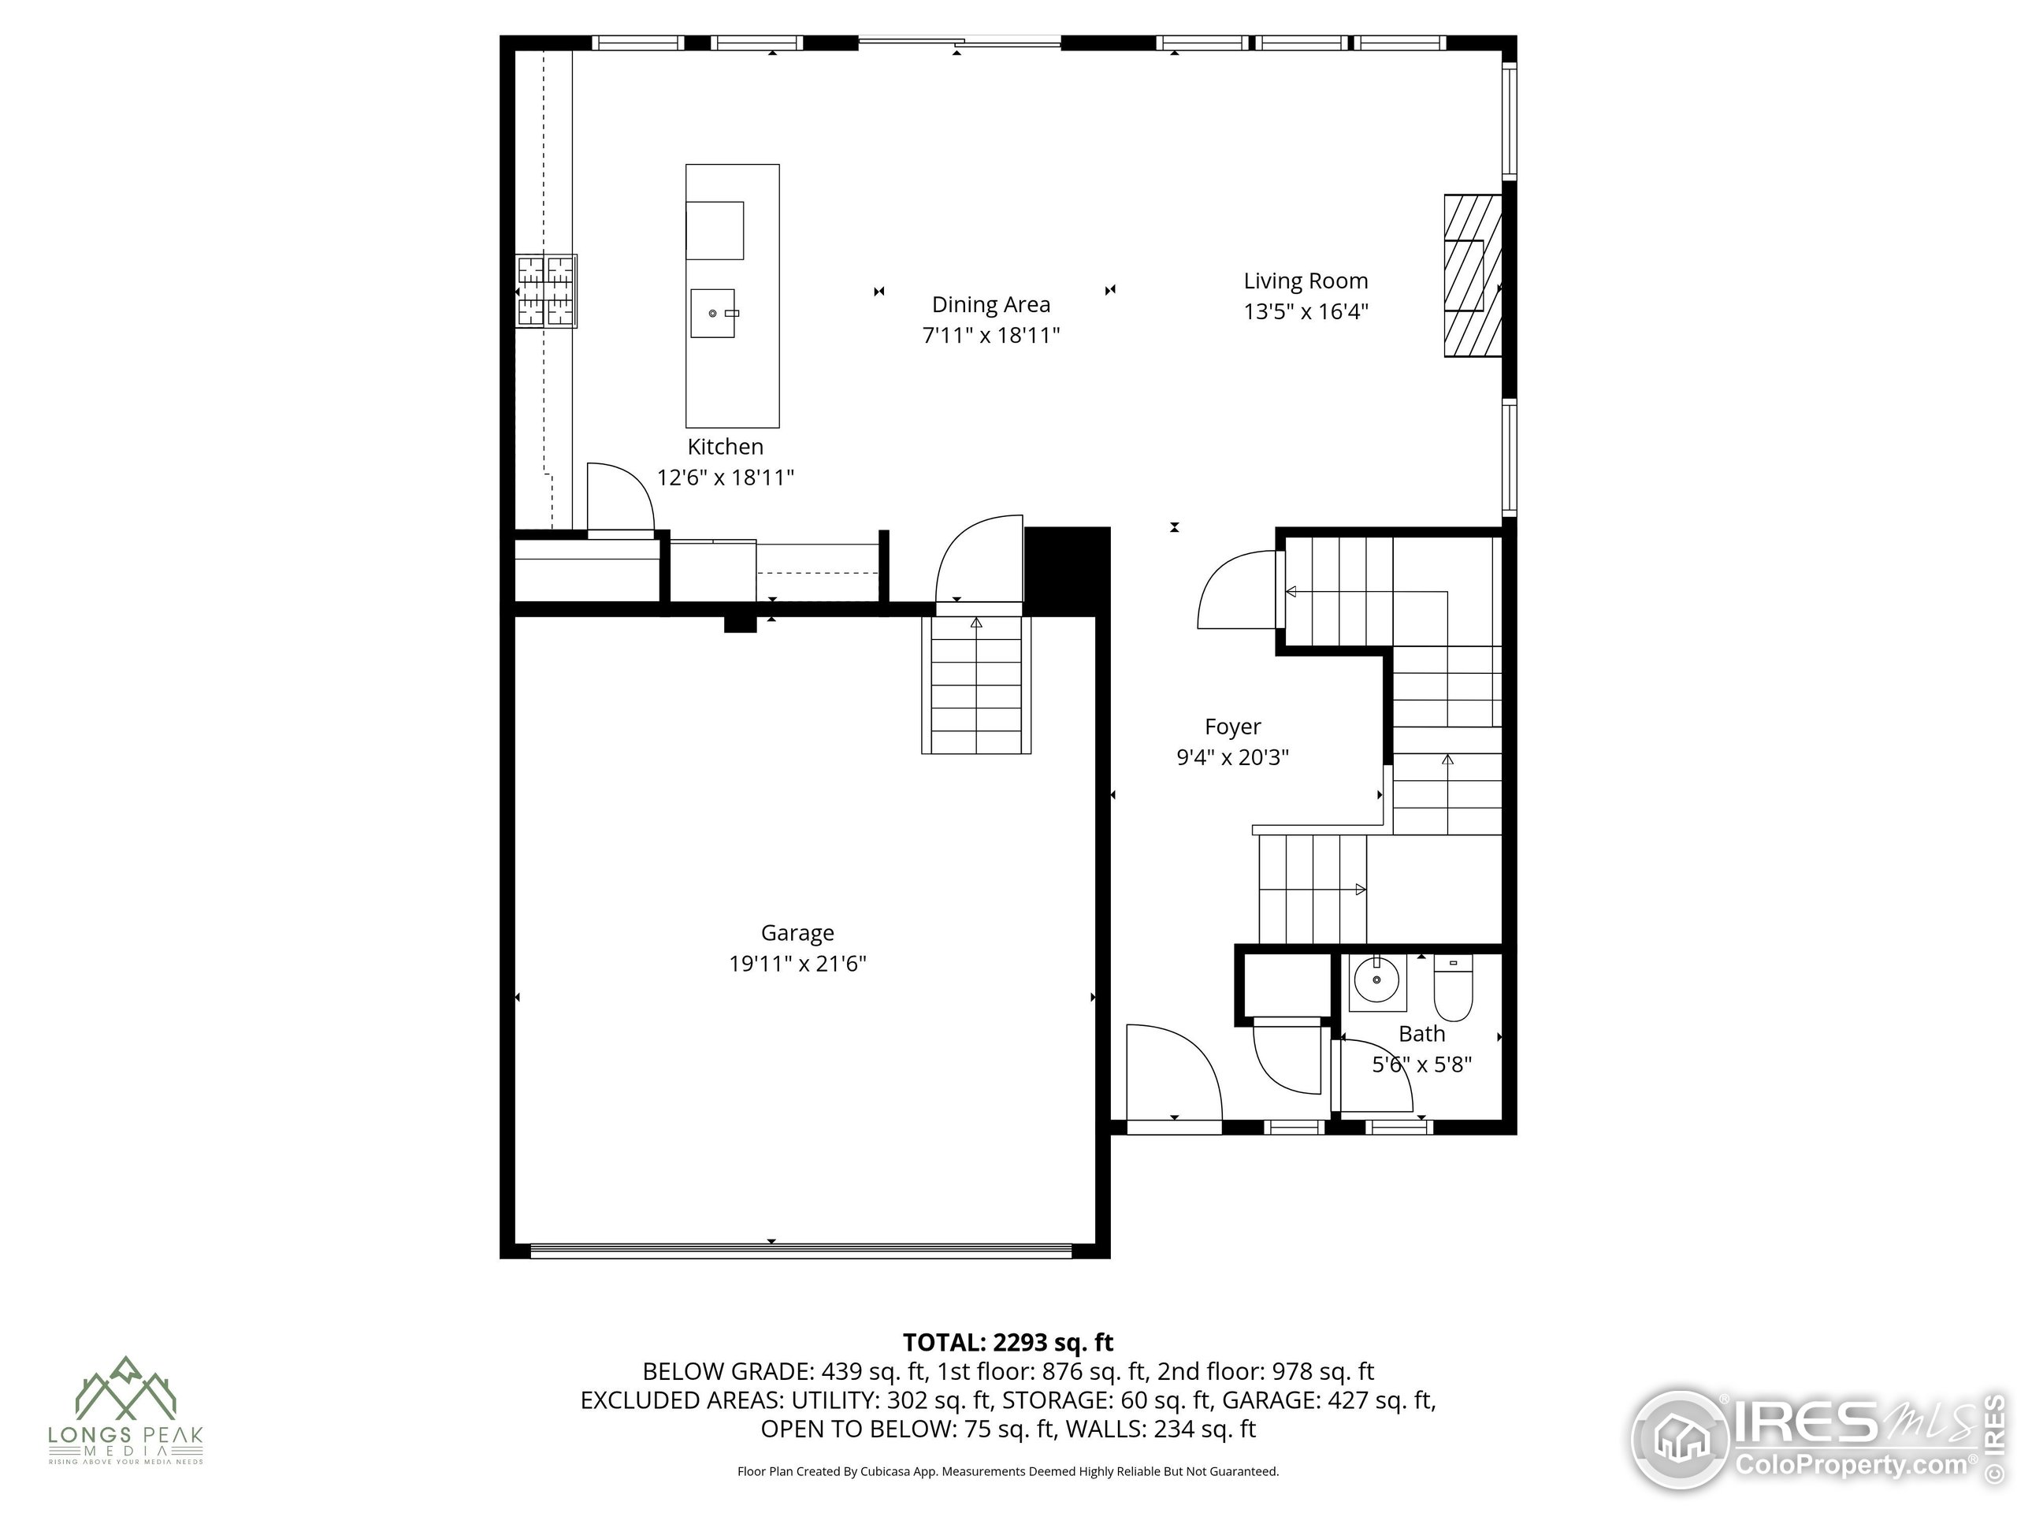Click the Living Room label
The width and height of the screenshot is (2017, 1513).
pyautogui.click(x=1306, y=281)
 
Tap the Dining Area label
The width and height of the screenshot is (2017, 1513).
pyautogui.click(x=991, y=305)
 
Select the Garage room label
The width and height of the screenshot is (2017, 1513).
pyautogui.click(x=798, y=933)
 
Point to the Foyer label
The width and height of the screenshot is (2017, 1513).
pyautogui.click(x=1233, y=727)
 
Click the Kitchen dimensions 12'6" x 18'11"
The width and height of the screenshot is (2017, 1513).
pyautogui.click(x=726, y=477)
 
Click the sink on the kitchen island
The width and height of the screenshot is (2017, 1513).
pyautogui.click(x=713, y=313)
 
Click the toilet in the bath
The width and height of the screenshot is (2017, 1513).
pyautogui.click(x=1454, y=987)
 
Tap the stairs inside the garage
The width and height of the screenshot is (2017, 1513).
pyautogui.click(x=975, y=685)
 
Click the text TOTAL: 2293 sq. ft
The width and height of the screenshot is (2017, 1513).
pyautogui.click(x=1008, y=1343)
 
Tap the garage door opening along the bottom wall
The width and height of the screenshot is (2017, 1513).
pyautogui.click(x=800, y=1251)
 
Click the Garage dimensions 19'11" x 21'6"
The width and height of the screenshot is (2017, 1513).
pyautogui.click(x=798, y=964)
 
